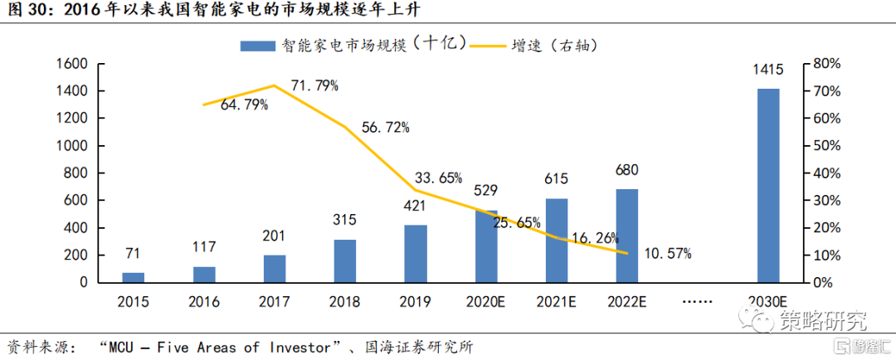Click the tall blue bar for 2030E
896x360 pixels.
(768, 185)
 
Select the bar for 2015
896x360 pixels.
(133, 277)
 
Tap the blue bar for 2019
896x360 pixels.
(416, 253)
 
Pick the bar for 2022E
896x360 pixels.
(627, 236)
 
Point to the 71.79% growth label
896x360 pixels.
(314, 85)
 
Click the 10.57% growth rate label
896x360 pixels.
(668, 253)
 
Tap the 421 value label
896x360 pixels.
(416, 212)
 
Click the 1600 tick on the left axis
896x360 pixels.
(71, 64)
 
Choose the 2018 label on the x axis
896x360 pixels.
(345, 302)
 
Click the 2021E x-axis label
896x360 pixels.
(557, 302)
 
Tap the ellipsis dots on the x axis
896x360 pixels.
(698, 302)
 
